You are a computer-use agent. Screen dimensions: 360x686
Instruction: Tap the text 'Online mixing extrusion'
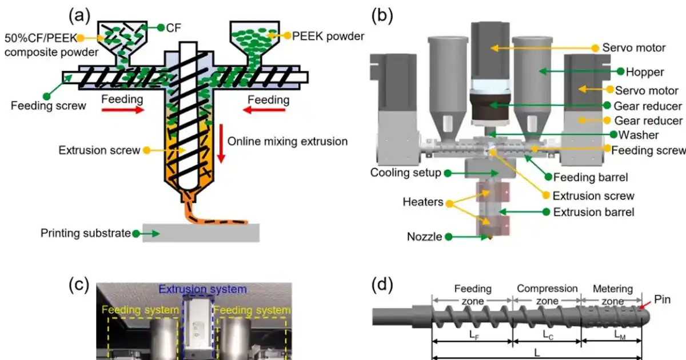pos(287,141)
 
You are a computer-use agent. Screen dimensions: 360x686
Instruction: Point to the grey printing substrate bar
pos(201,233)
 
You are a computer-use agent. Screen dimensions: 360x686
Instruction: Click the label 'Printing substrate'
pos(86,233)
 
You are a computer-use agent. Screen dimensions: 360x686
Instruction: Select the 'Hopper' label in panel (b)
pos(644,72)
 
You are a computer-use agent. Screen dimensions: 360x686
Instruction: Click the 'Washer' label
pos(633,135)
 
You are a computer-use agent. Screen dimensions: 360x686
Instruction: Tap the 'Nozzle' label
pos(424,237)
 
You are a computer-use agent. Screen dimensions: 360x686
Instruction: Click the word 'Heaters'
pos(422,202)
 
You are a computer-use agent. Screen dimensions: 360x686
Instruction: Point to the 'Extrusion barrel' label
pos(593,212)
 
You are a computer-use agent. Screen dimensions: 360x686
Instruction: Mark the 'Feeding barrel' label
pos(588,177)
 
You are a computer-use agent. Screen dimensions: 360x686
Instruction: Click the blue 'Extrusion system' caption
pos(203,290)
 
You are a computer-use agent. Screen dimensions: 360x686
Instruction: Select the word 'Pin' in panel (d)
pos(661,299)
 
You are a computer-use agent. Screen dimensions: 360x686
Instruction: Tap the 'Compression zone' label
pos(547,294)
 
